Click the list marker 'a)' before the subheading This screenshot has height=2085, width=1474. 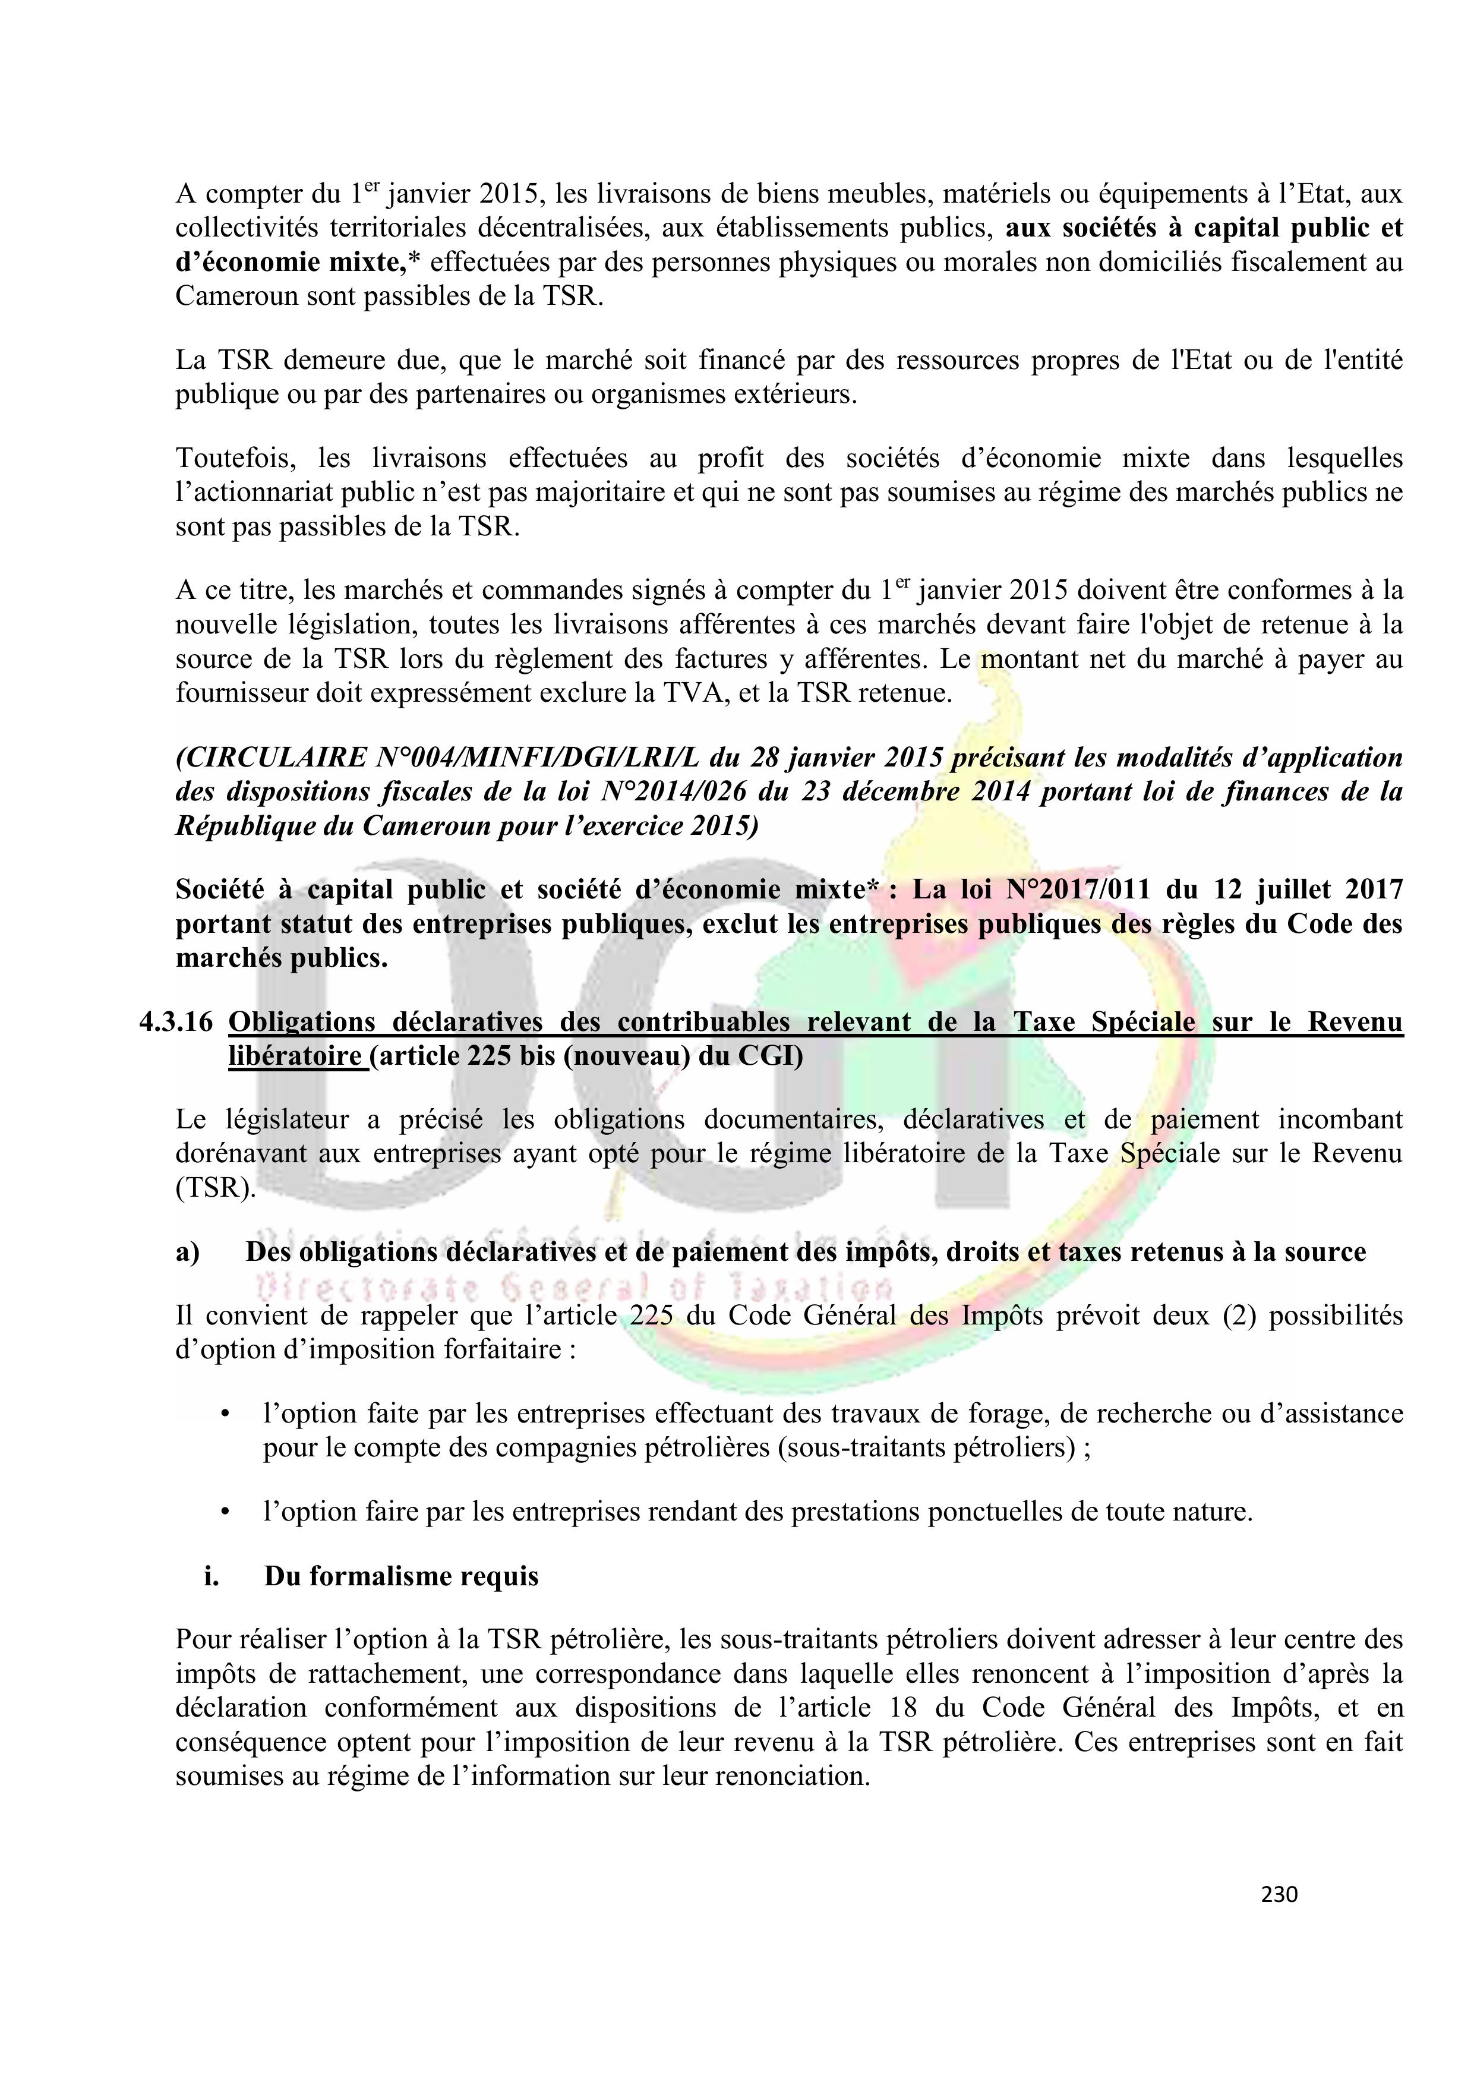[188, 1253]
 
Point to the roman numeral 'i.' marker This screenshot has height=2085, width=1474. [212, 1576]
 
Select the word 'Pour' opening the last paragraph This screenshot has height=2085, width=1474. [204, 1639]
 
